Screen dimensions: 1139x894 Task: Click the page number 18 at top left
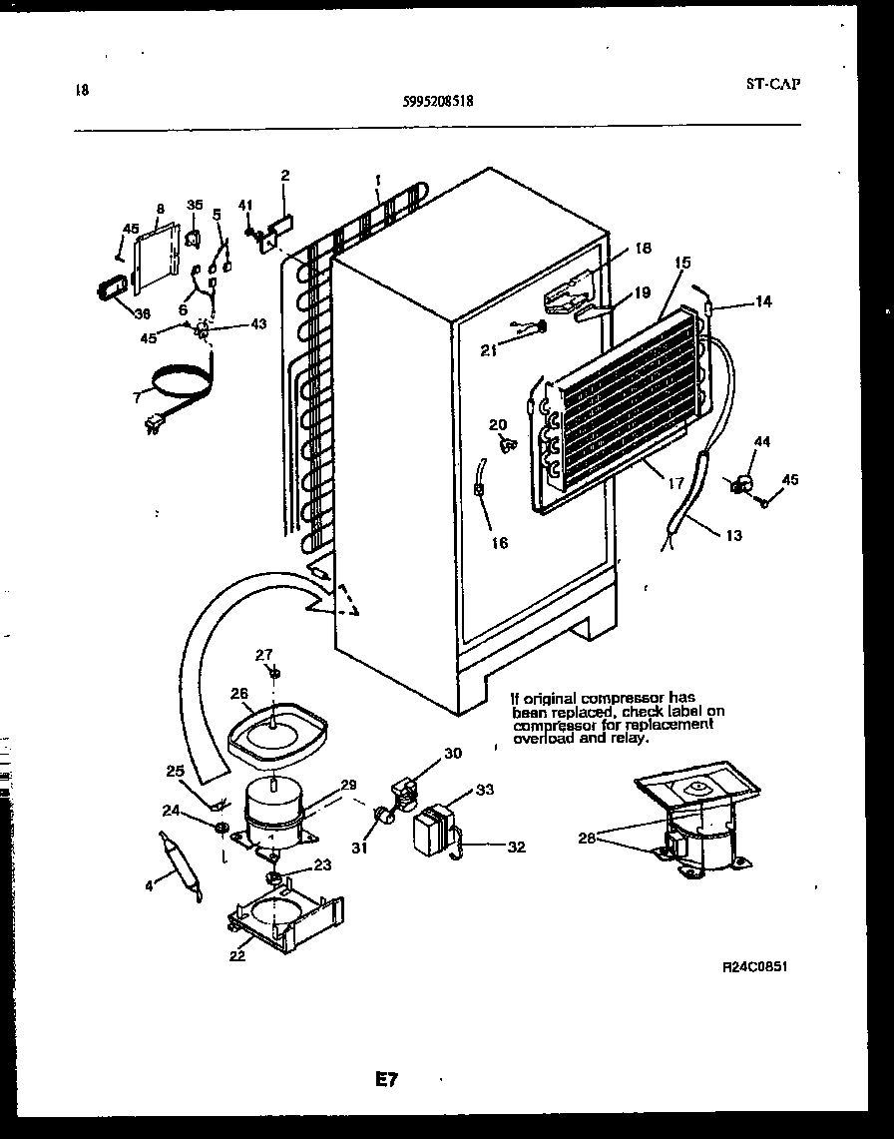click(82, 91)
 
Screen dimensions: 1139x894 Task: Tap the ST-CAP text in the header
click(772, 84)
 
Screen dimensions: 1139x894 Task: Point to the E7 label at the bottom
click(387, 1079)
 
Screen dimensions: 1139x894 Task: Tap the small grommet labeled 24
click(221, 828)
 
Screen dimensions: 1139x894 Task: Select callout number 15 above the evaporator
click(681, 264)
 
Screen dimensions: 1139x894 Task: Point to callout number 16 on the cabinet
click(499, 543)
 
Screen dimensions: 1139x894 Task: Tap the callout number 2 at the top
click(284, 176)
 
